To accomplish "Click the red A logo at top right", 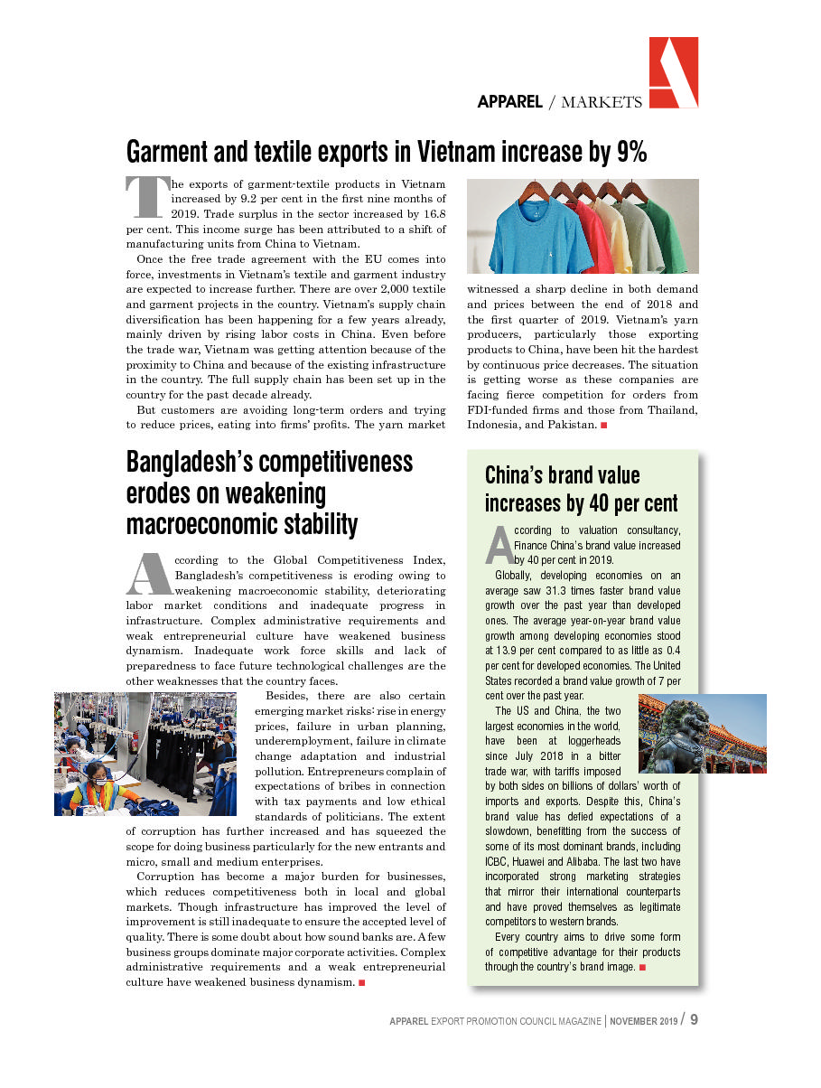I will tap(673, 73).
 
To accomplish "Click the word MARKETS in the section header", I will tap(602, 102).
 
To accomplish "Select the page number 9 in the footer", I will tap(694, 1019).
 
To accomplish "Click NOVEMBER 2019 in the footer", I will tap(643, 1021).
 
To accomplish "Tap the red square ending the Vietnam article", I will tap(603, 425).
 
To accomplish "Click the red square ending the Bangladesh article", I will tap(361, 982).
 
